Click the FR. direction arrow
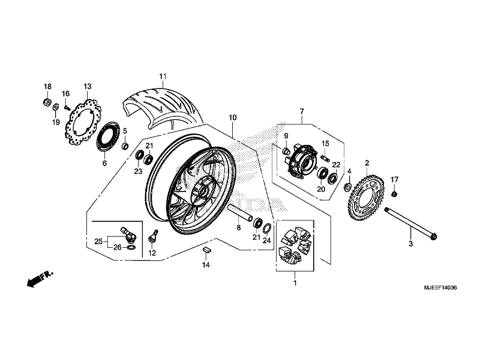(40, 278)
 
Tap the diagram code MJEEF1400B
(440, 288)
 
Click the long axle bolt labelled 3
(411, 223)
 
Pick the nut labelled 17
(395, 193)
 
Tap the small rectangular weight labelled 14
(206, 249)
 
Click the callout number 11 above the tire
(163, 76)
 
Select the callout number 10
(232, 118)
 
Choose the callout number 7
(302, 111)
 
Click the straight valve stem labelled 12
(153, 236)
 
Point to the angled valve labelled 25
(128, 233)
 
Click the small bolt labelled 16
(67, 107)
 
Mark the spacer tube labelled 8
(241, 212)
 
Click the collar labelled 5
(125, 146)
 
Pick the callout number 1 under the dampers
(295, 283)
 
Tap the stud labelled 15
(325, 158)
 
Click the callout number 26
(117, 247)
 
